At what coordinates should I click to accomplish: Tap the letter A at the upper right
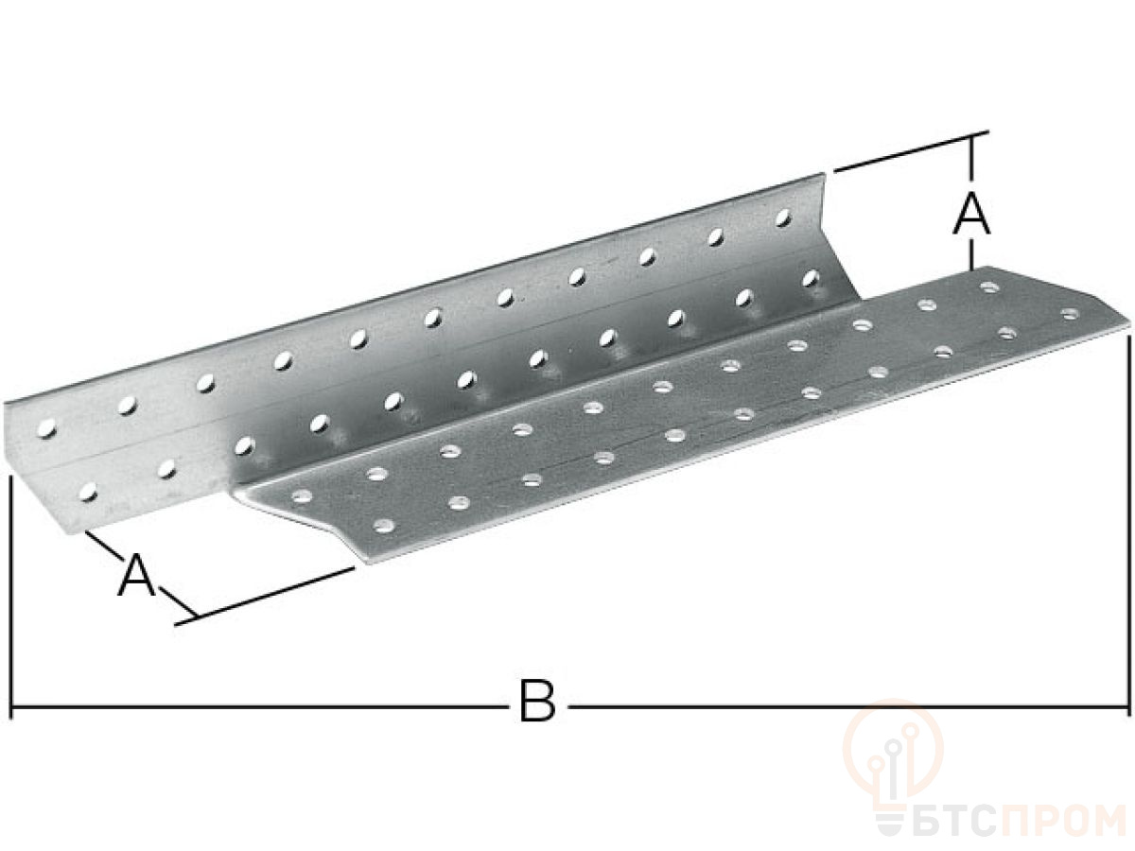coord(971,213)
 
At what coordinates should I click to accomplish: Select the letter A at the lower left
coord(137,575)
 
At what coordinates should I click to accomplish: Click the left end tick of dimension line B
coord(10,705)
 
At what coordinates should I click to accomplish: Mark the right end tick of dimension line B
coord(1127,705)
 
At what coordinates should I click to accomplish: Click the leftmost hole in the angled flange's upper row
coord(46,428)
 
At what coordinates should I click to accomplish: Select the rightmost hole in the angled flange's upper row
coord(783,217)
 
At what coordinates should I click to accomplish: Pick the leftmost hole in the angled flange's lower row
coord(88,492)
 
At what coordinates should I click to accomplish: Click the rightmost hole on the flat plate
coord(1070,313)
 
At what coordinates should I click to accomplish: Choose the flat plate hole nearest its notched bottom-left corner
coord(383,526)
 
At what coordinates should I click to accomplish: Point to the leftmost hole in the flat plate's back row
coord(302,496)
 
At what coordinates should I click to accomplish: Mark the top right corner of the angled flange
coord(823,174)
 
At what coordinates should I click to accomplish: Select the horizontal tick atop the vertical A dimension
coord(971,135)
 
